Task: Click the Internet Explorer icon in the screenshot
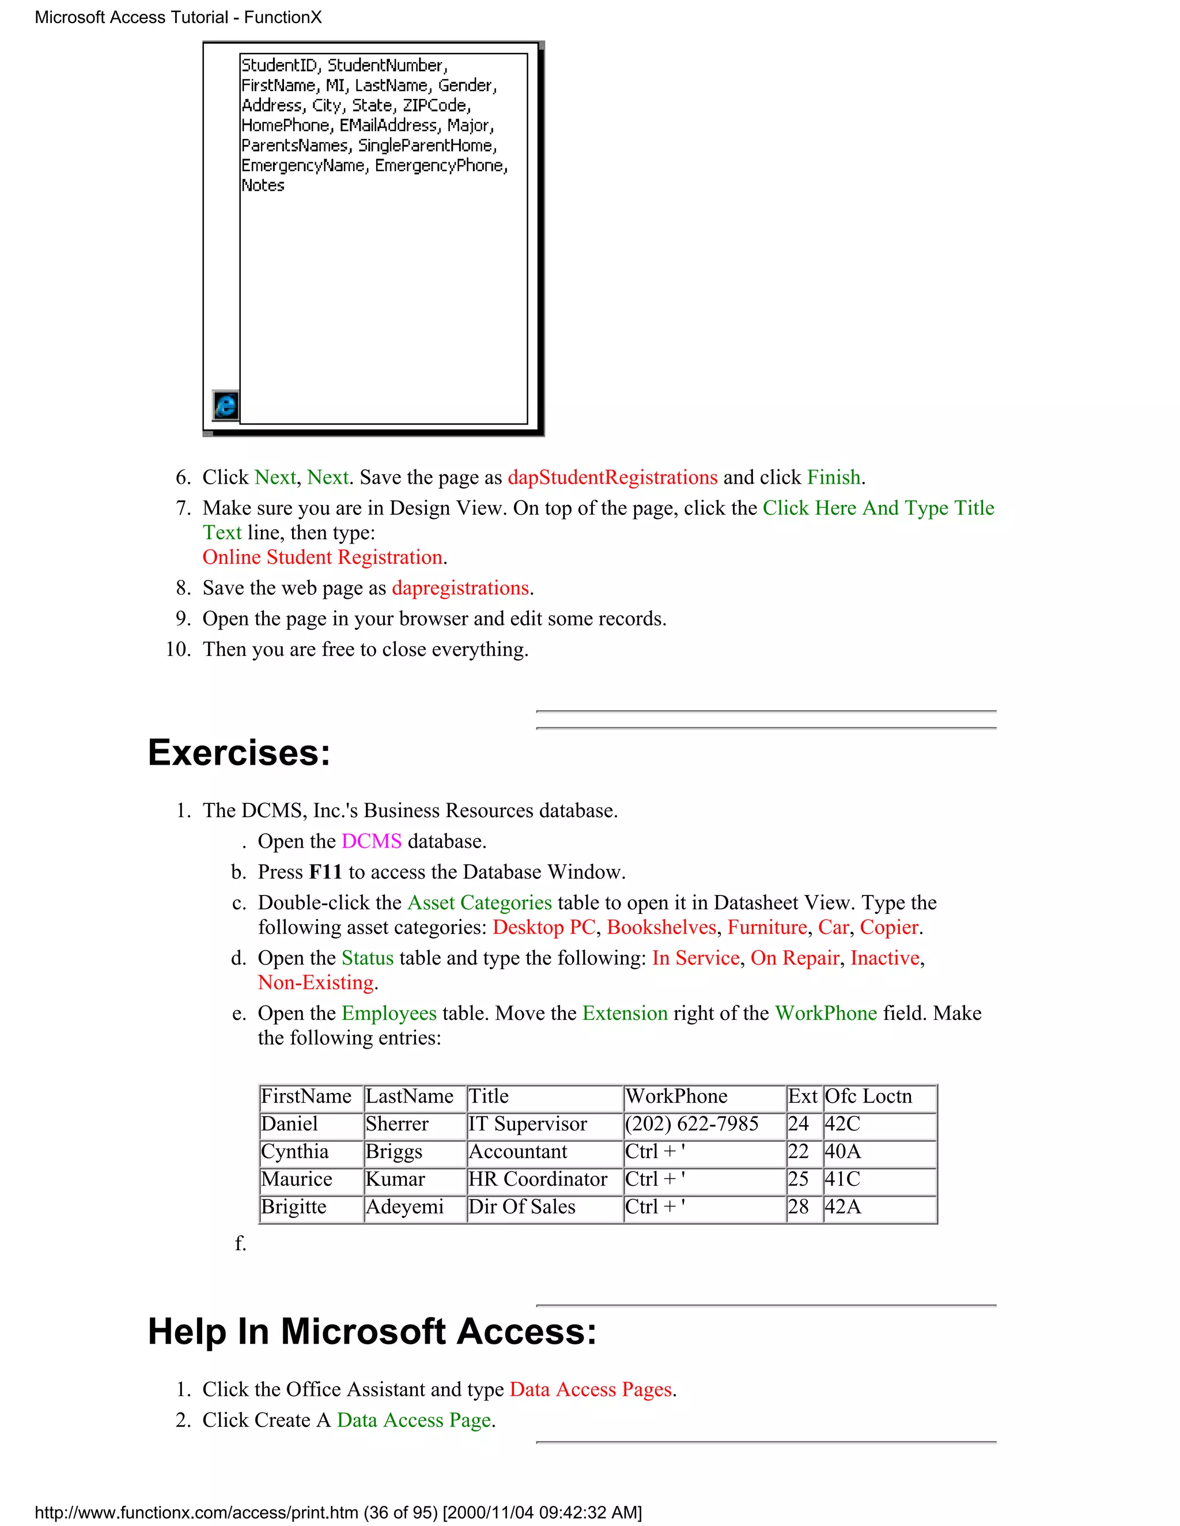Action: [x=225, y=405]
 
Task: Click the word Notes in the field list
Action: [x=263, y=186]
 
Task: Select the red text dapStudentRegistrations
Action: [x=612, y=477]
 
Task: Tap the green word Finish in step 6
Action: [x=833, y=477]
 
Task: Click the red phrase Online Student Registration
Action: [x=322, y=557]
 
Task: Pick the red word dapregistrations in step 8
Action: [x=460, y=589]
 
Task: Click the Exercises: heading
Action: [x=239, y=753]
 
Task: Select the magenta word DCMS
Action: [x=371, y=841]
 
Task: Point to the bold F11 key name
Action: [x=325, y=872]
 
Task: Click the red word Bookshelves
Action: [x=661, y=927]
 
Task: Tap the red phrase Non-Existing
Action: [x=316, y=983]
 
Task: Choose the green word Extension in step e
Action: [x=625, y=1014]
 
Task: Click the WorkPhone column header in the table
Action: [x=676, y=1096]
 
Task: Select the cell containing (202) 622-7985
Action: [x=691, y=1124]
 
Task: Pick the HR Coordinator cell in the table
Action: [x=538, y=1179]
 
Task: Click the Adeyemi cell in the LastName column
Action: [x=404, y=1208]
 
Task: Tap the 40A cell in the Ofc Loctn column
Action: [x=842, y=1152]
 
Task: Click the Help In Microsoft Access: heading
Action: [x=372, y=1332]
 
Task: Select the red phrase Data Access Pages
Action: [x=591, y=1390]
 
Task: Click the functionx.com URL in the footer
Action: [x=196, y=1513]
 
